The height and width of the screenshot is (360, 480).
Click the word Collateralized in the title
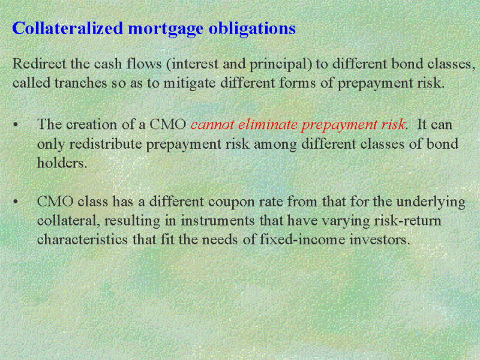68,28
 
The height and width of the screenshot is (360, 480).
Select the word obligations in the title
252,29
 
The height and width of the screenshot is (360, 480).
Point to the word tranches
80,83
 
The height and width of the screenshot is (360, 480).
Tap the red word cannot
212,125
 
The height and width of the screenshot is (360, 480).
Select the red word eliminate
268,124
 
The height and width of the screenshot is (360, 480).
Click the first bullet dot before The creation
16,125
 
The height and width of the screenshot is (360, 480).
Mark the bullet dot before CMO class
16,202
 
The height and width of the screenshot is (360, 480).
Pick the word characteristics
82,239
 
